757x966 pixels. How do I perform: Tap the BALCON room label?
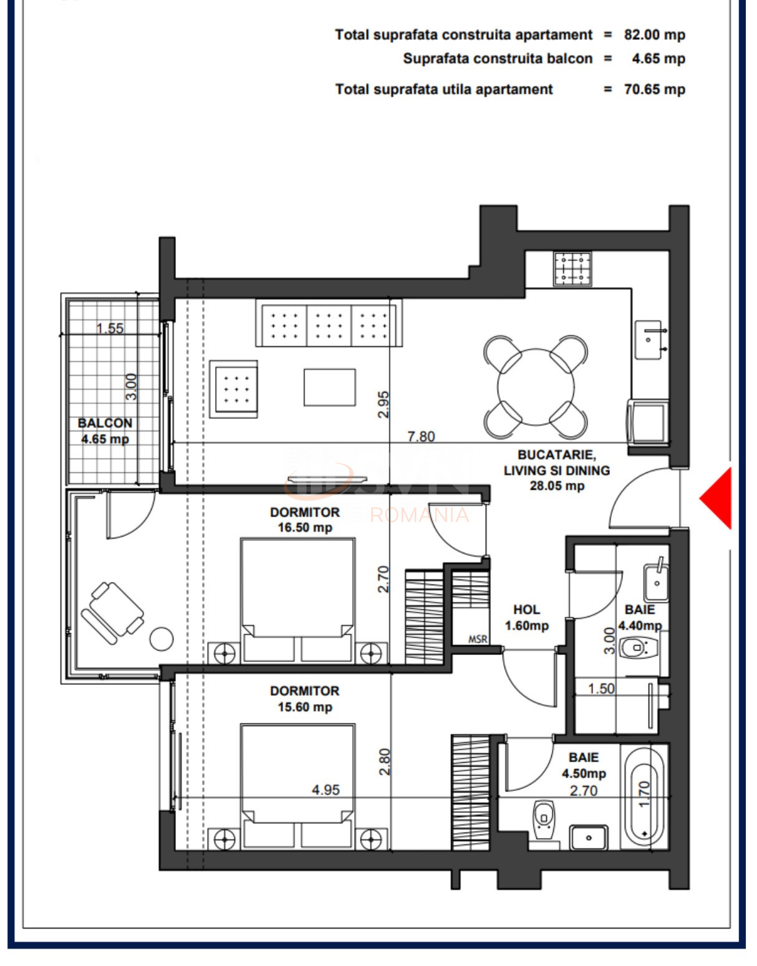[x=105, y=423]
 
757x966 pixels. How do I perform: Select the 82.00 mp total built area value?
[x=654, y=35]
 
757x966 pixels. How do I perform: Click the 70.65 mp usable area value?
[x=654, y=89]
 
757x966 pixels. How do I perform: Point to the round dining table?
[x=536, y=386]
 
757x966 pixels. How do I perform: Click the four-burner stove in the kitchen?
[x=572, y=269]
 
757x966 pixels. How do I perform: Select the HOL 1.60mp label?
[x=527, y=618]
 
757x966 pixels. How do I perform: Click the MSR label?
[x=478, y=639]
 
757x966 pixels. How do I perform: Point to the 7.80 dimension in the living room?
[x=421, y=436]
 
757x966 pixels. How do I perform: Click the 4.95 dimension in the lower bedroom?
[x=325, y=790]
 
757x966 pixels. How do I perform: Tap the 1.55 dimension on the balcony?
[x=110, y=328]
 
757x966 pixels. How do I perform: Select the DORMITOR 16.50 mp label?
[x=305, y=520]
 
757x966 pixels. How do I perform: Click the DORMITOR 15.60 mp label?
[x=305, y=699]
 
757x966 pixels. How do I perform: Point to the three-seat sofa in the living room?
[x=329, y=323]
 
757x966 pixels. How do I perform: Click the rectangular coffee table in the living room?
[x=330, y=387]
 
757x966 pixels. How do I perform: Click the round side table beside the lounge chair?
[x=161, y=639]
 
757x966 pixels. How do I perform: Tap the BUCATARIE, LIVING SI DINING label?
[x=556, y=471]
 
